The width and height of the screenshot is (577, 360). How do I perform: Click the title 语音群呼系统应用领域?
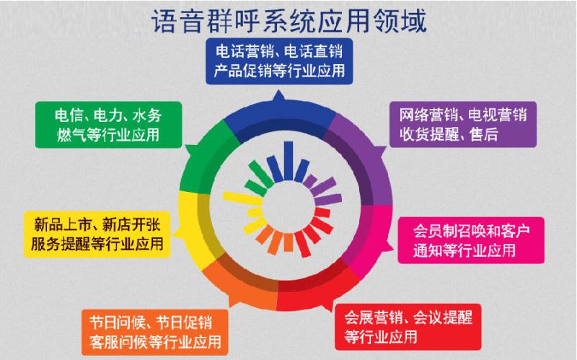tap(289, 21)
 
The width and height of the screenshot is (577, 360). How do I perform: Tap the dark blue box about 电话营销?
tap(279, 61)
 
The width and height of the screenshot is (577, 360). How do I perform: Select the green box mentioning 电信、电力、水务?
tap(109, 125)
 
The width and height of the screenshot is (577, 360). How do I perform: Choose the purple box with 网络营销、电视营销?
tap(463, 124)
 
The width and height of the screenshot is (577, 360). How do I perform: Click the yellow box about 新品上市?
tap(97, 234)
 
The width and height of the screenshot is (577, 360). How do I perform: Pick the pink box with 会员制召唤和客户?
tap(471, 240)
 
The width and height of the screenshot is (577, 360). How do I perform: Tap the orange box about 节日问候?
tap(155, 333)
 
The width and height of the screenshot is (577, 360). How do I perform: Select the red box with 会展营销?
tap(408, 327)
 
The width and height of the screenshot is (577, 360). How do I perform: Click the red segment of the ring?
tap(317, 291)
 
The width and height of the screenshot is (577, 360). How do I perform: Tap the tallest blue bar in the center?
tap(289, 161)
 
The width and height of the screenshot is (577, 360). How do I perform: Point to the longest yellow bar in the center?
tap(242, 198)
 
